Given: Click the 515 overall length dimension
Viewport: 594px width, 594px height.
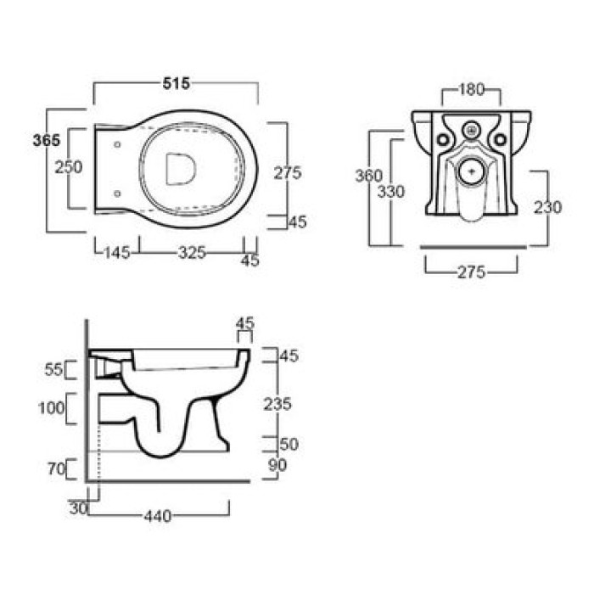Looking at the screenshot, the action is click(177, 83).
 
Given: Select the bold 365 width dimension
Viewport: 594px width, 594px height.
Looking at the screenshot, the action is click(47, 141).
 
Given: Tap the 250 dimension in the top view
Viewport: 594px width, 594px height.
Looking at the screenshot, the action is click(69, 167).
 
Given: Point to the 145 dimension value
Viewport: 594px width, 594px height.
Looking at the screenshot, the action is click(117, 253).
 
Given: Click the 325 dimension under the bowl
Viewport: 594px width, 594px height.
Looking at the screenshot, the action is click(192, 253).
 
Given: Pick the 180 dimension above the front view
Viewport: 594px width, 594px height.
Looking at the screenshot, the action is click(471, 89).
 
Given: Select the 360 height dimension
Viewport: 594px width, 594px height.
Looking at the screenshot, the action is click(369, 176).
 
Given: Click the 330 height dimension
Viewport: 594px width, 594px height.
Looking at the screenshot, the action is click(391, 192).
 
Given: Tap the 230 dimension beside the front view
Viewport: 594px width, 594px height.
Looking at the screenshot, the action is click(548, 207).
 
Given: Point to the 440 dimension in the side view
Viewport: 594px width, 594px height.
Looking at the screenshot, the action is click(158, 516).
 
